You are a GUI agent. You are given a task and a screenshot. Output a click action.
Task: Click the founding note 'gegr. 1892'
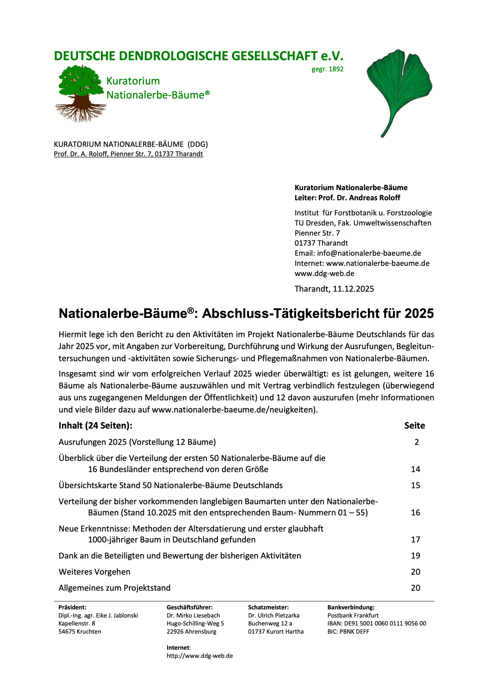click(x=327, y=69)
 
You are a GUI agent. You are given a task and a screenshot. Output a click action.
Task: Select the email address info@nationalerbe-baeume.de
click(x=369, y=253)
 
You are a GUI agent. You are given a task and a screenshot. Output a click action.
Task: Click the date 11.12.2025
click(x=353, y=289)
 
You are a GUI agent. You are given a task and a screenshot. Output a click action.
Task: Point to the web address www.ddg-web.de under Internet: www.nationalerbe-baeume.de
click(x=324, y=274)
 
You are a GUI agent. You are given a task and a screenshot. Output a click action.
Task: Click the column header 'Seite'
click(x=414, y=426)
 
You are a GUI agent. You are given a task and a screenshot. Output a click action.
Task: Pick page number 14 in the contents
click(x=415, y=469)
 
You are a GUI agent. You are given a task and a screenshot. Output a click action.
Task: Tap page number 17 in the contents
click(x=415, y=540)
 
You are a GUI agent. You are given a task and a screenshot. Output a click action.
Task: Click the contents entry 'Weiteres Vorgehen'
click(x=94, y=572)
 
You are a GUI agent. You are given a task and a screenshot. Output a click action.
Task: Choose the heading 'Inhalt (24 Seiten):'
click(x=95, y=426)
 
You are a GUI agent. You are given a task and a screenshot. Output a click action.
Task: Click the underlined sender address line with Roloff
click(x=128, y=154)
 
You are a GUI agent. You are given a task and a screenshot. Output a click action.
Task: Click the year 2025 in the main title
click(x=419, y=314)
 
